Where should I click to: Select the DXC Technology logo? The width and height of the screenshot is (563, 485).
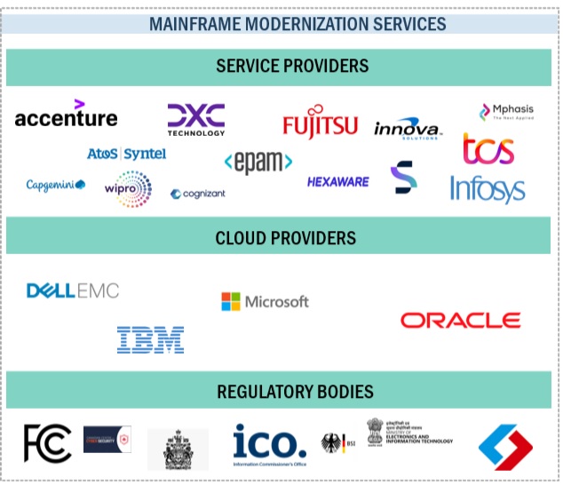(x=196, y=119)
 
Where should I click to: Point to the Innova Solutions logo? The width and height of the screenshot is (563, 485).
(x=408, y=130)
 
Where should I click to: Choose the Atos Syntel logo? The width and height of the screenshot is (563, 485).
(x=126, y=154)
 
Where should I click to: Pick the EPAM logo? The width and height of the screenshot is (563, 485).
(x=258, y=162)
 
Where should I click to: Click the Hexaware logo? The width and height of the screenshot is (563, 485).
(x=337, y=182)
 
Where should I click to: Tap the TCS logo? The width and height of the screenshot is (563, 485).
(x=488, y=149)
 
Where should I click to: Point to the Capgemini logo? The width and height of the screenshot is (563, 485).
(x=55, y=185)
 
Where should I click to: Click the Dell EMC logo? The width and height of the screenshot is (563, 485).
(x=72, y=290)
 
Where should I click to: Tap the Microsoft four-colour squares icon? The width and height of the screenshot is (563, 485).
(x=231, y=302)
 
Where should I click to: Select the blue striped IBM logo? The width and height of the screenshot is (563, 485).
(x=150, y=338)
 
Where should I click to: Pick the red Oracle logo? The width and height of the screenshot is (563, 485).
(x=460, y=320)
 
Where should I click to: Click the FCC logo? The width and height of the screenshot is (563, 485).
(x=47, y=442)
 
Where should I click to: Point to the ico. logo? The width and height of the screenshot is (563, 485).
(x=269, y=441)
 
